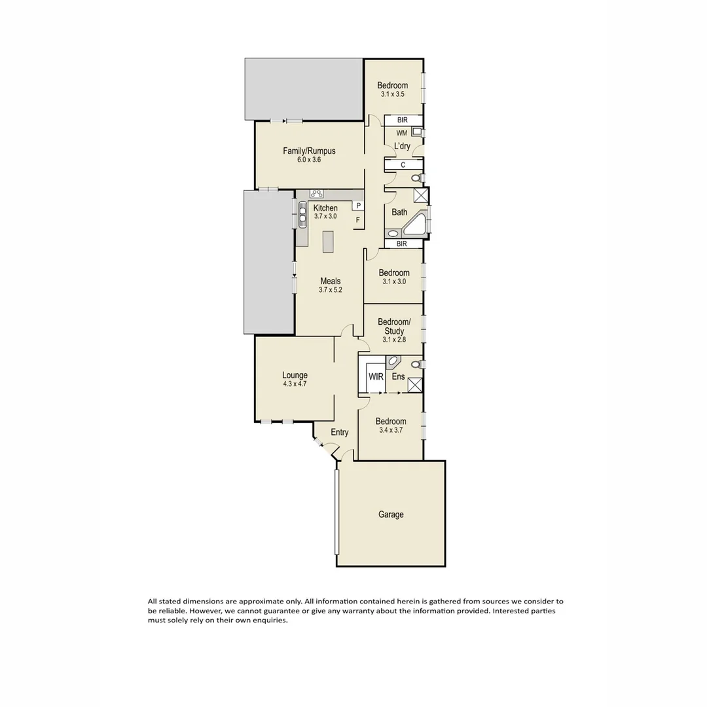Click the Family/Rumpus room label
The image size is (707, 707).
309,151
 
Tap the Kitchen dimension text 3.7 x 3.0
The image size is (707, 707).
325,216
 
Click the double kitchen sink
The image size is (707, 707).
303,213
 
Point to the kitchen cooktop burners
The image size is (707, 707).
317,193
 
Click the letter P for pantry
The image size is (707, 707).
359,206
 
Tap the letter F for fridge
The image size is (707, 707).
357,220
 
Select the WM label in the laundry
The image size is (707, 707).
401,133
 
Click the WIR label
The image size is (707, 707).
376,377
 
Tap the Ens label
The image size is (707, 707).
398,377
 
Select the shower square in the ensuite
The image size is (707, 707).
414,384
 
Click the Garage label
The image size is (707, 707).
391,515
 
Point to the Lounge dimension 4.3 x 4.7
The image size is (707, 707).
295,384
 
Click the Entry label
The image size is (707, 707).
339,432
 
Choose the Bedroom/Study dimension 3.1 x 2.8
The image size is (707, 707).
394,339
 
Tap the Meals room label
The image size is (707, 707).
330,281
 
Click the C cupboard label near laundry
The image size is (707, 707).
403,165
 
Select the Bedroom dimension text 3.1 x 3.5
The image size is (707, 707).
393,94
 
